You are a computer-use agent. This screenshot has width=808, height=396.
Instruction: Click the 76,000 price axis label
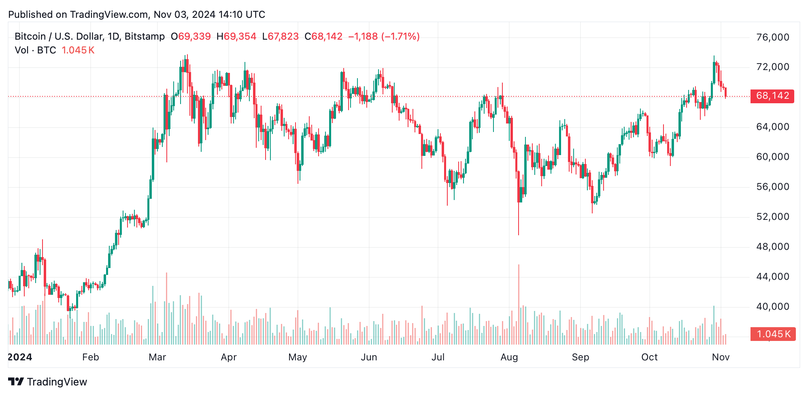pyautogui.click(x=772, y=37)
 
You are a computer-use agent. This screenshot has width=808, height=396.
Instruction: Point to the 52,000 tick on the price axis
pyautogui.click(x=772, y=217)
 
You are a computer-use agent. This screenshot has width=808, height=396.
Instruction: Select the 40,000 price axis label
pyautogui.click(x=772, y=307)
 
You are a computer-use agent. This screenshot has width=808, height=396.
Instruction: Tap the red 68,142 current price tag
pyautogui.click(x=772, y=96)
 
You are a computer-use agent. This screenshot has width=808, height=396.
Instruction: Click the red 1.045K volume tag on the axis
pyautogui.click(x=773, y=334)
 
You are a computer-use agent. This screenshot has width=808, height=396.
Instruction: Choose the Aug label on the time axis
pyautogui.click(x=509, y=357)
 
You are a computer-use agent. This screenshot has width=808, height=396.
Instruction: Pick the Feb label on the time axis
pyautogui.click(x=90, y=357)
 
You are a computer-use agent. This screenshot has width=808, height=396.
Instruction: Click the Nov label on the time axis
pyautogui.click(x=721, y=357)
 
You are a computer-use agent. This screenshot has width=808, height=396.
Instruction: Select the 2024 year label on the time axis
pyautogui.click(x=20, y=357)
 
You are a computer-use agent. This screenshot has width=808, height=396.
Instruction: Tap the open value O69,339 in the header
pyautogui.click(x=191, y=36)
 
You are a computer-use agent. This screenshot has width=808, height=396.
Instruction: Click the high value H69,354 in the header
pyautogui.click(x=236, y=36)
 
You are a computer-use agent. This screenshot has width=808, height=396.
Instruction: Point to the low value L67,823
pyautogui.click(x=281, y=36)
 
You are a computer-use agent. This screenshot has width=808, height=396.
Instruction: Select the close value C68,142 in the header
pyautogui.click(x=323, y=36)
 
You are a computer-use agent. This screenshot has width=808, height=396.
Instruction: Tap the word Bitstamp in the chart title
pyautogui.click(x=145, y=36)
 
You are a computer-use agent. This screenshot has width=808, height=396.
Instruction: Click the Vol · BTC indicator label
pyautogui.click(x=35, y=50)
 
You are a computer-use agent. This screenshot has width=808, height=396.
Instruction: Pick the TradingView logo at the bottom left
pyautogui.click(x=47, y=382)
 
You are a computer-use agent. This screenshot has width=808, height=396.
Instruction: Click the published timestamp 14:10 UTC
pyautogui.click(x=242, y=15)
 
